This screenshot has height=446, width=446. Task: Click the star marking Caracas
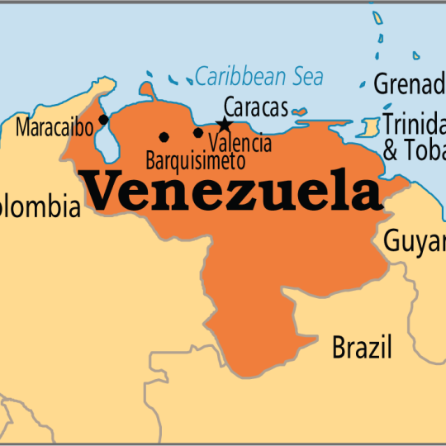coord(224,125)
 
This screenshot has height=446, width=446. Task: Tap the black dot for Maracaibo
coord(103,119)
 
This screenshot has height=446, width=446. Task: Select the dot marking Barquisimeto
coord(164,136)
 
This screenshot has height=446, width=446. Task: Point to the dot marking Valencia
coord(198,132)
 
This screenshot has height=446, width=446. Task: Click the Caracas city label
coord(256,107)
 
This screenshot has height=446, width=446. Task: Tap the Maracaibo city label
coord(54,128)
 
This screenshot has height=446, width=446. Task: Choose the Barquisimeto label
coord(194,158)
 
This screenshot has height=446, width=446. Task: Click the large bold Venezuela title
coord(233,191)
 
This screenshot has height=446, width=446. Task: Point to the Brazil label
coord(362,347)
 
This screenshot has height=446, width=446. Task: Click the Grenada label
coord(410,83)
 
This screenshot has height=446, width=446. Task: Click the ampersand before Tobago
coord(391,151)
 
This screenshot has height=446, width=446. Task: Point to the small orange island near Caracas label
coord(299,111)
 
